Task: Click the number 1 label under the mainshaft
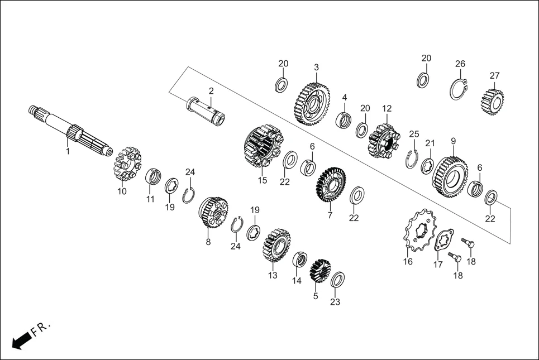(68, 151)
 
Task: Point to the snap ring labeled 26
(459, 89)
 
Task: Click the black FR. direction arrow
(21, 341)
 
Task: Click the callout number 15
(263, 180)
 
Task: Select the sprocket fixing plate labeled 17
(443, 238)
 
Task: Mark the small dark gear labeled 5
(321, 271)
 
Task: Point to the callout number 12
(387, 108)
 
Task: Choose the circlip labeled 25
(411, 157)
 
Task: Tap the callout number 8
(208, 243)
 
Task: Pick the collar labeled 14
(299, 259)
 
